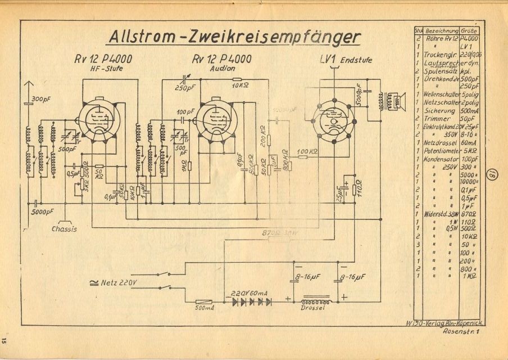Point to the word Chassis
tap(65, 229)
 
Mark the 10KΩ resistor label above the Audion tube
tap(240, 86)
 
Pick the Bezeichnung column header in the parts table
tap(442, 29)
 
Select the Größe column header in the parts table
tap(471, 29)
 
